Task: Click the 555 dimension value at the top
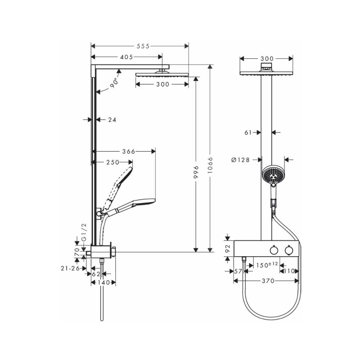coord(143,46)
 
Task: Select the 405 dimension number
coord(126,57)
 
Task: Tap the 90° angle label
coord(114,83)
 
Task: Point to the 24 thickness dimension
coord(112,120)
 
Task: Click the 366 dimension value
coord(129,152)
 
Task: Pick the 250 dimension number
coord(113,162)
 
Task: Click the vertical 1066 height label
coord(210,165)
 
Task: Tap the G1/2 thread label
coord(84,232)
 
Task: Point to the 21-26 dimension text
coord(70,268)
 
